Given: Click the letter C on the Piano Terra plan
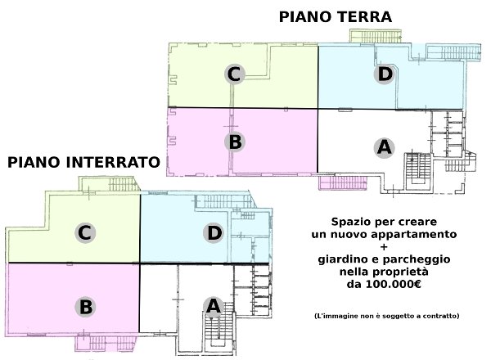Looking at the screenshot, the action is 234,74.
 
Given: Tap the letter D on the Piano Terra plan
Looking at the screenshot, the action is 385,74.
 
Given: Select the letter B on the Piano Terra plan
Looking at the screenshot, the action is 235,142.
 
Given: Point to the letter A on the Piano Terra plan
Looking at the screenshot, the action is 385,147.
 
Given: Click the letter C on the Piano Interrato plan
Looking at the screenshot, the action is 84,233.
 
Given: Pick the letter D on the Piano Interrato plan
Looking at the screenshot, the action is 214,233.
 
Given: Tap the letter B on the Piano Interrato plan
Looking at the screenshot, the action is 85,307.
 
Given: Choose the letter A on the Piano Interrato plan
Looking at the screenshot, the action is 214,306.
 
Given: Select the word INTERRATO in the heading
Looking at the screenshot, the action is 114,163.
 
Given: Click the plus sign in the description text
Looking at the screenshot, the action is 384,246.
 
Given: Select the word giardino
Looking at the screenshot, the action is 341,259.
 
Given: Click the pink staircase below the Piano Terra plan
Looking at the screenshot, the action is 343,182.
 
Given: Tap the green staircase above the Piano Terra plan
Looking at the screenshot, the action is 376,36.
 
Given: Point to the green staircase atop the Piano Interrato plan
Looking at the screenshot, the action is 109,184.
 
